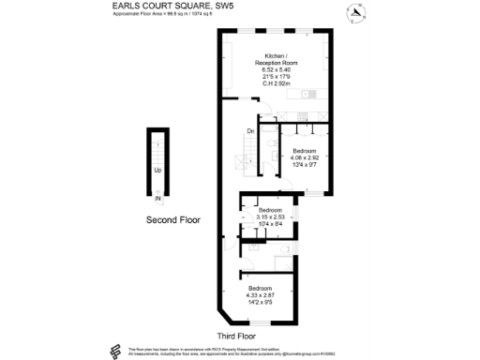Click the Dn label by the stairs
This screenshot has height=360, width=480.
click(250, 131)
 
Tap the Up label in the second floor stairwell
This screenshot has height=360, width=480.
click(157, 170)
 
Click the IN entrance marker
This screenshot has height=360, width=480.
click(158, 198)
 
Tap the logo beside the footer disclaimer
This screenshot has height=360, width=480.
click(114, 352)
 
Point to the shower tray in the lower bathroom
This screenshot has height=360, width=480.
click(282, 262)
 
